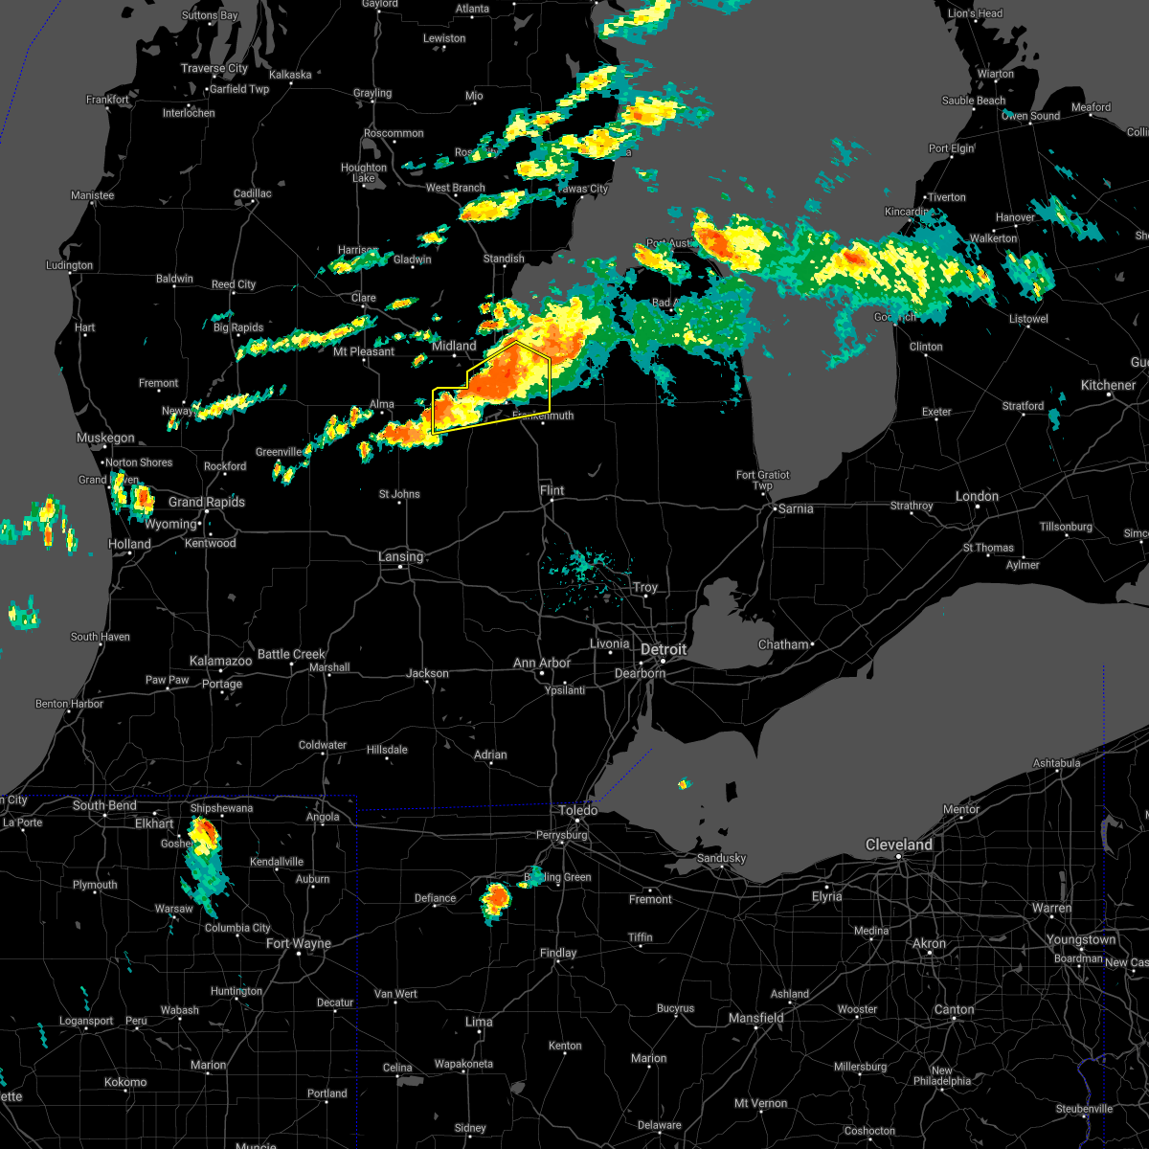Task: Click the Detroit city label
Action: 664,649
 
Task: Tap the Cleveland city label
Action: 898,845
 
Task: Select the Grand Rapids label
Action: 206,502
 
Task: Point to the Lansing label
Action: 400,556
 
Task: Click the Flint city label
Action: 552,490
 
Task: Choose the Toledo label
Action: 578,810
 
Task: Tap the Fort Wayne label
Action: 298,943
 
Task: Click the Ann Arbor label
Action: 541,663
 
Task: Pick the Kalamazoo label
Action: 220,661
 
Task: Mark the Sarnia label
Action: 796,508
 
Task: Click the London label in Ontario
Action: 977,496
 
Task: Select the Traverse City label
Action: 214,68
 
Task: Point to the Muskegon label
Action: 105,438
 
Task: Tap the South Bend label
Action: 104,805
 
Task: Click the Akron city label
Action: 929,943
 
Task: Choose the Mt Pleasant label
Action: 364,351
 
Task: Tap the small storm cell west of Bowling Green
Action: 496,898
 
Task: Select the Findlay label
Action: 557,953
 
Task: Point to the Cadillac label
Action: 253,193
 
